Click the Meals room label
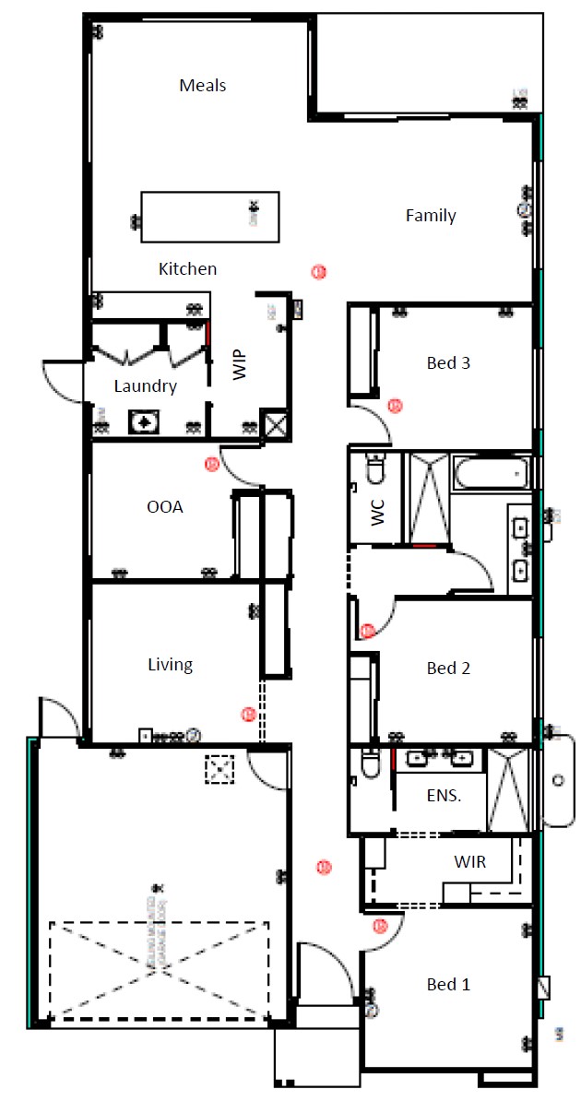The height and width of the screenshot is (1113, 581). click(203, 86)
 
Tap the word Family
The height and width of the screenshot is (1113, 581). click(431, 216)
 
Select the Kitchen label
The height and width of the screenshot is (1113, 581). click(188, 269)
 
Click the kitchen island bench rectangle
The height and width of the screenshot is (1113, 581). click(209, 217)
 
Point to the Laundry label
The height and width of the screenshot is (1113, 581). click(145, 386)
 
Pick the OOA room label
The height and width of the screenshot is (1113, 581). click(165, 506)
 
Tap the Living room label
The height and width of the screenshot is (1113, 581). click(171, 664)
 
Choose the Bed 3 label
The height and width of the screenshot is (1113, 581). click(448, 363)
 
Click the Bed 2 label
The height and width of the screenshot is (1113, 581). click(448, 668)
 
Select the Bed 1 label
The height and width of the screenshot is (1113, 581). click(448, 985)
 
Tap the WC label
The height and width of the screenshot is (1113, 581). click(377, 513)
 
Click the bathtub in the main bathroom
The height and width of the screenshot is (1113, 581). click(491, 474)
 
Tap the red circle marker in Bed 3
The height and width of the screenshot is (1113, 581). click(395, 405)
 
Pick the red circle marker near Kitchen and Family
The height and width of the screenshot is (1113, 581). click(317, 271)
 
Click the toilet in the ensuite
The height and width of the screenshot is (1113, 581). click(371, 765)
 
